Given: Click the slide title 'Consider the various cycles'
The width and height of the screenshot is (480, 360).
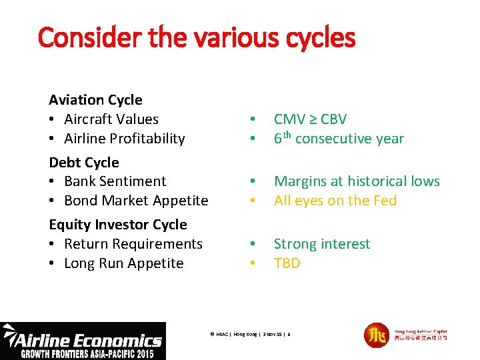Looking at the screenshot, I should (197, 38).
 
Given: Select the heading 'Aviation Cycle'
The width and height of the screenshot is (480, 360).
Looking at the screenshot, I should (95, 100).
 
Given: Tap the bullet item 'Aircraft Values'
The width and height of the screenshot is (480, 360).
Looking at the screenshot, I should (111, 119).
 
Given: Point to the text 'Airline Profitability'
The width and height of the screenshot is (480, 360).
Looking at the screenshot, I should (124, 139).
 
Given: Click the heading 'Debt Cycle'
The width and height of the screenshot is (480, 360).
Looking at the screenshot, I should (84, 163).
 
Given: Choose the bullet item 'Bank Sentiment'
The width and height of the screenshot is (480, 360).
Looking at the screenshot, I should (115, 181).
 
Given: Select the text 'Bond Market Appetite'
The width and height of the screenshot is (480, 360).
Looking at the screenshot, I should (136, 201).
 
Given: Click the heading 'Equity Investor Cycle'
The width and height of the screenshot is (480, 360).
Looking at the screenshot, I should (118, 225).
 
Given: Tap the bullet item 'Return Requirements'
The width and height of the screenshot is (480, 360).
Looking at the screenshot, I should (133, 244).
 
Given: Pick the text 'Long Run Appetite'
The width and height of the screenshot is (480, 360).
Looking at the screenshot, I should (123, 263).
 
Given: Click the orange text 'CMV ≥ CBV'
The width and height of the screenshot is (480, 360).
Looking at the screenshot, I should (310, 119).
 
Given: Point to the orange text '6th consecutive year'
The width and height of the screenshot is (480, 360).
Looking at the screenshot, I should (339, 139).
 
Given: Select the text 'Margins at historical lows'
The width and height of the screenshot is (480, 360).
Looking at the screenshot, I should (357, 181).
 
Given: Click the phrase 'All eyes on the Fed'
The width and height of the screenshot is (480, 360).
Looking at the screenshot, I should (335, 201).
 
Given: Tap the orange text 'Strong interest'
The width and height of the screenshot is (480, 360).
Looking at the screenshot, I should (321, 244).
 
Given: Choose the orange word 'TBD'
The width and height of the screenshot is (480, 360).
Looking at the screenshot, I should (287, 263).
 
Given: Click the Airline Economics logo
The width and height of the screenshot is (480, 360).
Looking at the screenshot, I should (83, 341).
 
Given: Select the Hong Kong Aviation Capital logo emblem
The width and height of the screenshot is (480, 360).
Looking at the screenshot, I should (377, 335).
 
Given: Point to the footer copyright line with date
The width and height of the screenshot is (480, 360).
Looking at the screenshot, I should (250, 333).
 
